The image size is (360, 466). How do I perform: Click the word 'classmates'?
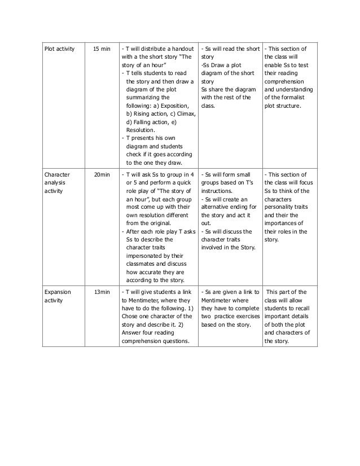[x=148, y=263]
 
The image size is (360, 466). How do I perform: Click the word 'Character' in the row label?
[x=56, y=175]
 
